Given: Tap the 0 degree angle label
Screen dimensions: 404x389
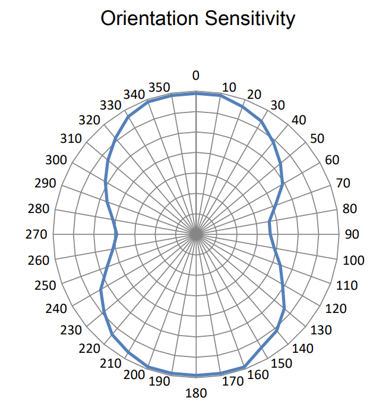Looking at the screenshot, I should coord(195,76).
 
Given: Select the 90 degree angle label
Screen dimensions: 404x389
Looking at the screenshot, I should coord(352,234).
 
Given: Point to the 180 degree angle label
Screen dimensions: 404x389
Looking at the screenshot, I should coord(196,393).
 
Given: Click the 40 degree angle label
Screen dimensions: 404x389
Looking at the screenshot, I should coord(299,120).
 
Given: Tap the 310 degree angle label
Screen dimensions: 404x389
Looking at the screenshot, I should coord(71,139).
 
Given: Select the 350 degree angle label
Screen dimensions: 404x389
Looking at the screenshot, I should coord(159,87).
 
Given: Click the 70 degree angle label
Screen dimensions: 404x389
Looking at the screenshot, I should coord(343,183).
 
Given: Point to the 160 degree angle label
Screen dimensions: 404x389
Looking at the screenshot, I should coord(257,374).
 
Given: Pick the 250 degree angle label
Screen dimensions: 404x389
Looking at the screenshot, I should coord(45,286).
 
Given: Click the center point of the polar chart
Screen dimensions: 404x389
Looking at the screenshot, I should coord(196,234).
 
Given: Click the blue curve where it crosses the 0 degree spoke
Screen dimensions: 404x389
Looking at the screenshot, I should coord(196,93).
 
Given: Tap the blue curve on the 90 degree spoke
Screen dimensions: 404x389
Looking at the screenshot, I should coord(271,234).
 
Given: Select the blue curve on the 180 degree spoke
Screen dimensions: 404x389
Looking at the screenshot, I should coord(196,375).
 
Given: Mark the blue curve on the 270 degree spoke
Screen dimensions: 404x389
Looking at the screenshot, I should coord(117,234).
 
